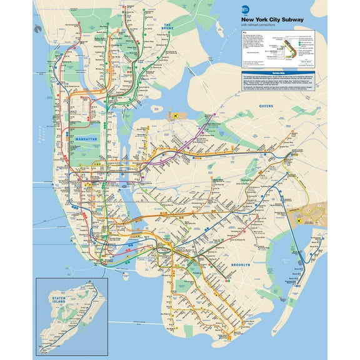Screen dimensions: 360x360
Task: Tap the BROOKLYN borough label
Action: pyautogui.click(x=239, y=265)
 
